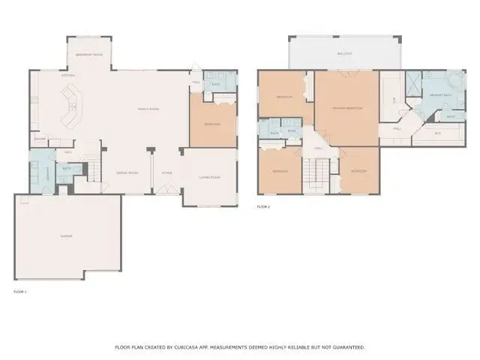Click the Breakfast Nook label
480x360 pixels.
(89, 55)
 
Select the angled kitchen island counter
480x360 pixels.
(73, 105)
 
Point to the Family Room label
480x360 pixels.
(148, 109)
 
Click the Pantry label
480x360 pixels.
(40, 139)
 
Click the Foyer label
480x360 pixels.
(166, 172)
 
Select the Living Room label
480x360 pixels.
(209, 177)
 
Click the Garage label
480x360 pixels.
(67, 235)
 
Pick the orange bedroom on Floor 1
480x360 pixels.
(212, 124)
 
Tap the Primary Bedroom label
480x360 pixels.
(347, 109)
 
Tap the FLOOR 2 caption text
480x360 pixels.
(263, 206)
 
